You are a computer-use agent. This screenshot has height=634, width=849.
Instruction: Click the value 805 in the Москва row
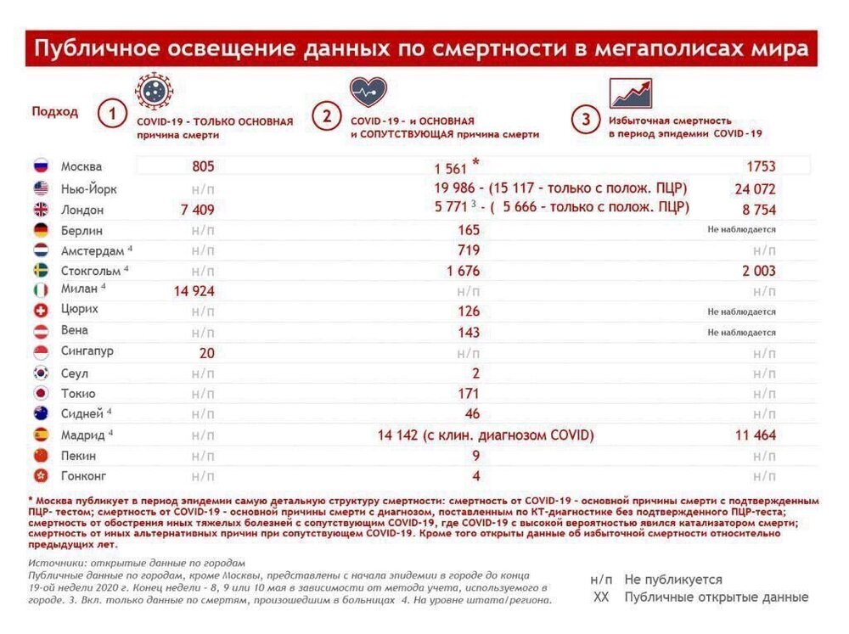point(203,167)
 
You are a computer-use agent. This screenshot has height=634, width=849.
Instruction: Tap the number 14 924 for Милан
point(194,291)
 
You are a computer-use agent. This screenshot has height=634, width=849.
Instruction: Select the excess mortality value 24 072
point(747,188)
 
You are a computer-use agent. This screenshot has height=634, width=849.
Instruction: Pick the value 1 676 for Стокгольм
point(463,271)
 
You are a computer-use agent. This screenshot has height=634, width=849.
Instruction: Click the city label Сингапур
point(87,351)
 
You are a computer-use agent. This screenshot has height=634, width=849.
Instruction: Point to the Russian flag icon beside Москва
point(40,167)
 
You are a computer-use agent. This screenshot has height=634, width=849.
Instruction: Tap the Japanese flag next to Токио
point(40,394)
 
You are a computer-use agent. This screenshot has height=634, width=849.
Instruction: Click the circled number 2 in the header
point(325,116)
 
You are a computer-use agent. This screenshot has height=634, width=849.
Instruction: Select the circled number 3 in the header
point(585,120)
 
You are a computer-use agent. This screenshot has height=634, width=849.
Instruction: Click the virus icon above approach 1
point(154,90)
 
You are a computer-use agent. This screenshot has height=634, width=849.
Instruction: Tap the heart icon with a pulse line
point(368,92)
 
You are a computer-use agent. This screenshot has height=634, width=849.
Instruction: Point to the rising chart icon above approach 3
point(631,93)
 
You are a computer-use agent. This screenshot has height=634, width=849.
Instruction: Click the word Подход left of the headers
point(54,111)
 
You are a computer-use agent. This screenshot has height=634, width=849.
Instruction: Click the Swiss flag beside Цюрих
point(40,311)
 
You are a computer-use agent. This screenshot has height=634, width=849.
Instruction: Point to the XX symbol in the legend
point(601,598)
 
